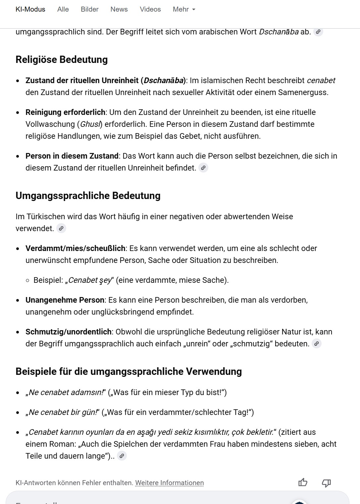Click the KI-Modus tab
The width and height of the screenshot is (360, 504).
coord(30,9)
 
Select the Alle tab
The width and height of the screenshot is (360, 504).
coord(63,9)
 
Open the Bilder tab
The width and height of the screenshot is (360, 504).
coord(90,9)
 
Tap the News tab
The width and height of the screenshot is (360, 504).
coord(119,9)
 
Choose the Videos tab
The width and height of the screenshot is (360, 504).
coord(150,9)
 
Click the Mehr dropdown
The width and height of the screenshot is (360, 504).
coord(184,9)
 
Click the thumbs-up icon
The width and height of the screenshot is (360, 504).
coord(303,482)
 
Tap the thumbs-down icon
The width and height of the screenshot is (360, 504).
coord(326,483)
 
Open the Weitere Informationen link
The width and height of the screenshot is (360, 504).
coord(169,483)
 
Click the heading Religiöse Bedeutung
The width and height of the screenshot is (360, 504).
coord(62,60)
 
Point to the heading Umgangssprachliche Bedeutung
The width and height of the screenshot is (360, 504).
coord(88,196)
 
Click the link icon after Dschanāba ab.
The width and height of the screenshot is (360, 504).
coord(318,32)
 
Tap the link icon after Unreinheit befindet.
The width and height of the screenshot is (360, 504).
coord(203,168)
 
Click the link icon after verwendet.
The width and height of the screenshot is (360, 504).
coord(61,228)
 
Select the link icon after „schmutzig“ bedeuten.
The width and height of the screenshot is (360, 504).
coord(317,344)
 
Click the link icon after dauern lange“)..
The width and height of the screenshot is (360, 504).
coord(122,456)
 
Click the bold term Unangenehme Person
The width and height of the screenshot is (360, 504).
coord(65,300)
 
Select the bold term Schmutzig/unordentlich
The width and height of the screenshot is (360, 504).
coord(68,332)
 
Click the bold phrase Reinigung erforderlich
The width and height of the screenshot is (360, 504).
coord(65,112)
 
